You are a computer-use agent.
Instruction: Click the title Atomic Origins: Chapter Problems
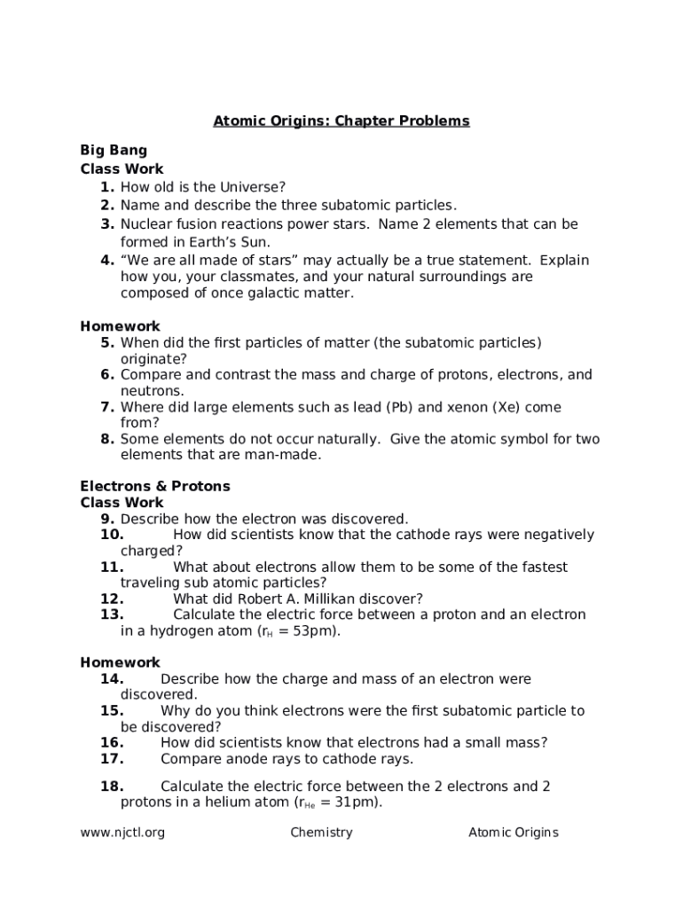point(341,121)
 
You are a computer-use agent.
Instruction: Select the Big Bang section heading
point(114,150)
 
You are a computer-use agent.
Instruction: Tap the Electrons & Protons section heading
point(155,486)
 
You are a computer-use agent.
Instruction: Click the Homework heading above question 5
point(120,326)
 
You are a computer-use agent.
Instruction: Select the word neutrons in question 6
point(152,391)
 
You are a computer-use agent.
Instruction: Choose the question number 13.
point(112,614)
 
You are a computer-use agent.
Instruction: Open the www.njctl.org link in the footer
point(122,832)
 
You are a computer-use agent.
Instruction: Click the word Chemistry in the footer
point(321,832)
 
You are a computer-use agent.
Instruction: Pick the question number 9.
point(107,519)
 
